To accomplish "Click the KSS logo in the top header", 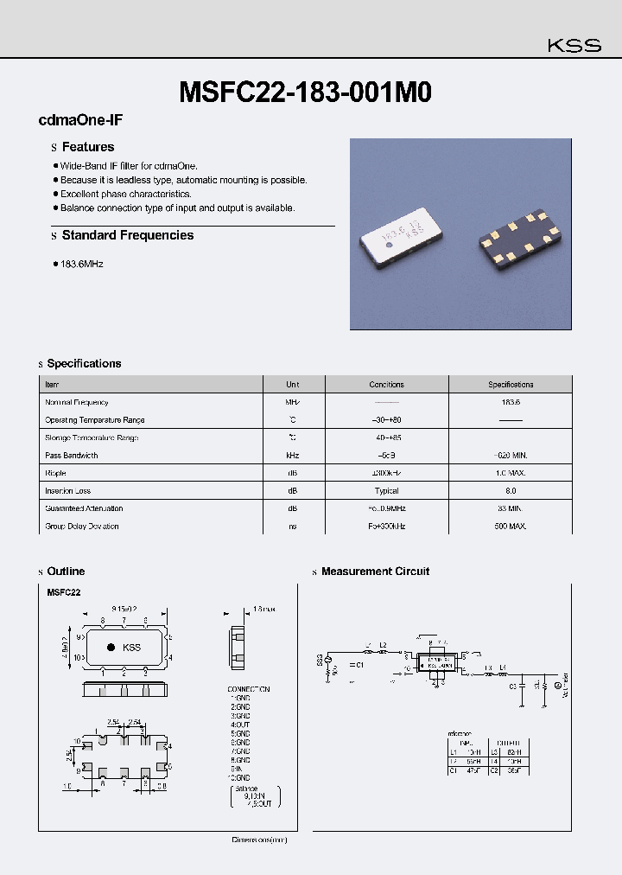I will coord(575,46).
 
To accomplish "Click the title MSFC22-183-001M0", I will coord(305,92).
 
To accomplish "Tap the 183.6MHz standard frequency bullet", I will coord(81,264).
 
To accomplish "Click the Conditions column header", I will coord(386,385).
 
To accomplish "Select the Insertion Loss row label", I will coord(69,491).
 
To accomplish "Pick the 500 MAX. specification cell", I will coord(511,527).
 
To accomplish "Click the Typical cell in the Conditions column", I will coord(386,491).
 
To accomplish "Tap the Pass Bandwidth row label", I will coord(72,456).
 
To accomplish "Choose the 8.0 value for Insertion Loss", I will coord(511,491).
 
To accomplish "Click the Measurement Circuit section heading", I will coord(375,572).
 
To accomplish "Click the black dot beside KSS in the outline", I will coord(111,648).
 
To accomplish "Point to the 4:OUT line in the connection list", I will coord(240,725).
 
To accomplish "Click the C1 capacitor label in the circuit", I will coord(360,665).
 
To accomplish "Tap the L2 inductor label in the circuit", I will coord(384,645).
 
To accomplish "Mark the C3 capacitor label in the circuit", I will coord(513,686).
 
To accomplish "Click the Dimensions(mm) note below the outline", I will coord(259,840).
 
